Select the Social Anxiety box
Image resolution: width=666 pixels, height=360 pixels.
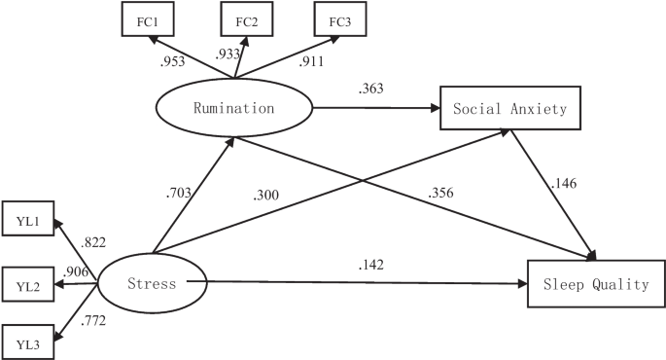510,108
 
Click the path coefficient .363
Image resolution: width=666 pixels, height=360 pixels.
371,89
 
